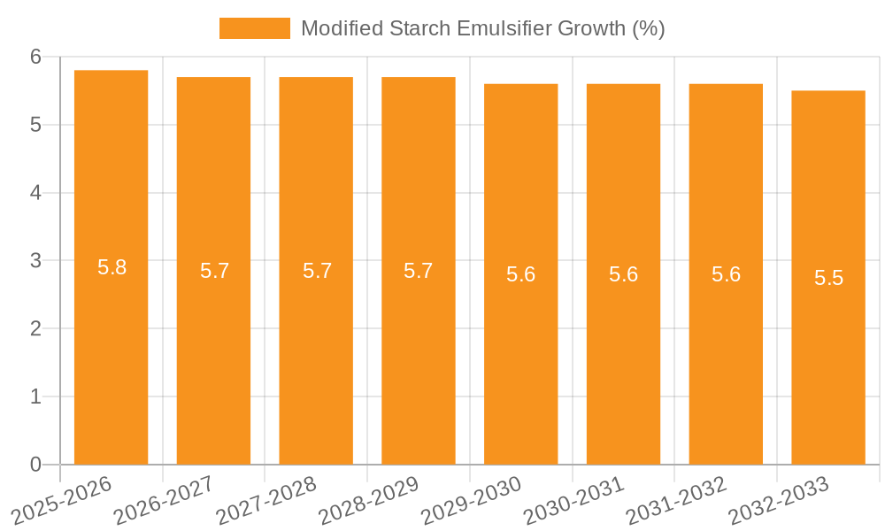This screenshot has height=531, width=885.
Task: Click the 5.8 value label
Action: (x=112, y=267)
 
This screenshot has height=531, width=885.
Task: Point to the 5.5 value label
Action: (x=829, y=278)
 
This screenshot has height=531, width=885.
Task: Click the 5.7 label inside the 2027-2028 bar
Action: (x=317, y=271)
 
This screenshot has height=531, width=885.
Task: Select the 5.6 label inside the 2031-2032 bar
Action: (x=726, y=274)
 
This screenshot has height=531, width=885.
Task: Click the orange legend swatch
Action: (x=255, y=28)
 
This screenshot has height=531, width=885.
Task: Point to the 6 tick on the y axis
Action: (x=36, y=57)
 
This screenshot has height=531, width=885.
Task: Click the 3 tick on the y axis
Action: (x=36, y=261)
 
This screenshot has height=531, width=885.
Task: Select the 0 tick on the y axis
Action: (x=36, y=465)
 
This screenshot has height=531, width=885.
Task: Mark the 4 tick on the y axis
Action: (x=36, y=193)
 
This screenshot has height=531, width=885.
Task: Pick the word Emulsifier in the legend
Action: (x=502, y=28)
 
